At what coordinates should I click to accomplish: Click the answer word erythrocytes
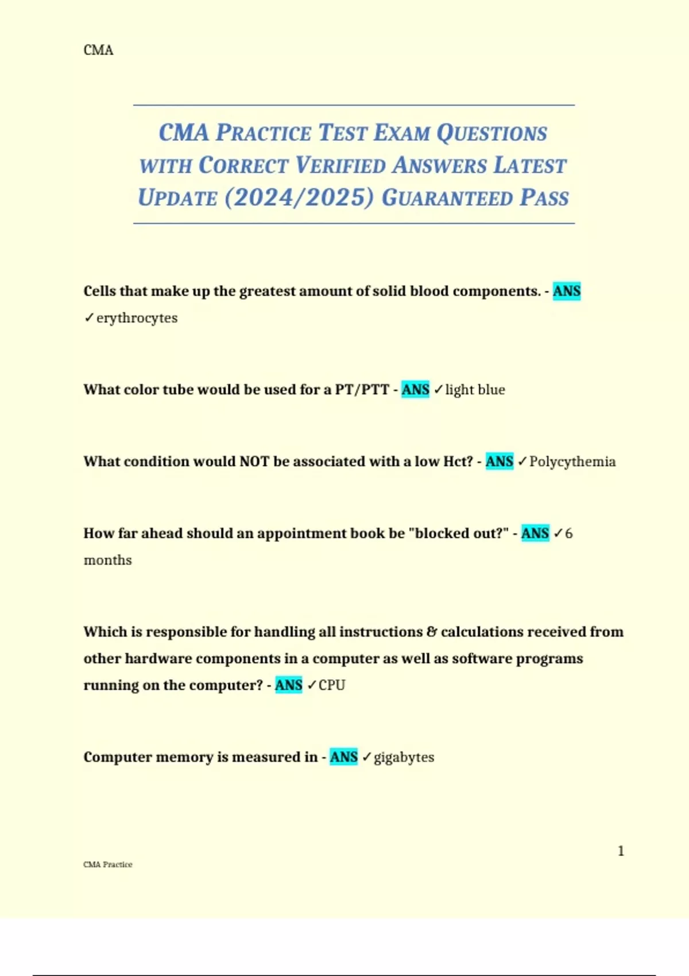(137, 318)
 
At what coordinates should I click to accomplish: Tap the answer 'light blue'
(475, 390)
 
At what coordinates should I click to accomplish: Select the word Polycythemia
(572, 462)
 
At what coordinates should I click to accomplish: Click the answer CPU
(332, 685)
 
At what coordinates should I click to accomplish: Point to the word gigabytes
(404, 757)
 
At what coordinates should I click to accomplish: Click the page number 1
(621, 851)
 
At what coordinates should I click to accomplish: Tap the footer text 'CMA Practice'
(108, 865)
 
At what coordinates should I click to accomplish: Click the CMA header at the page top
(98, 51)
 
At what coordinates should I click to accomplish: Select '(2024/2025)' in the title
(299, 197)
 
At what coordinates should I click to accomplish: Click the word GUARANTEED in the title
(447, 198)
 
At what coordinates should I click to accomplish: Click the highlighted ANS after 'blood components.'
(567, 291)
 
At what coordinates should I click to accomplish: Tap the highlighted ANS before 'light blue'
(415, 390)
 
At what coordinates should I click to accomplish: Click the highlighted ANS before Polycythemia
(500, 462)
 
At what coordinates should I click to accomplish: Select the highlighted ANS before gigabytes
(344, 757)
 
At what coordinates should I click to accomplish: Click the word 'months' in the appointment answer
(108, 560)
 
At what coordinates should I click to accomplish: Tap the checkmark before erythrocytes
(89, 317)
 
